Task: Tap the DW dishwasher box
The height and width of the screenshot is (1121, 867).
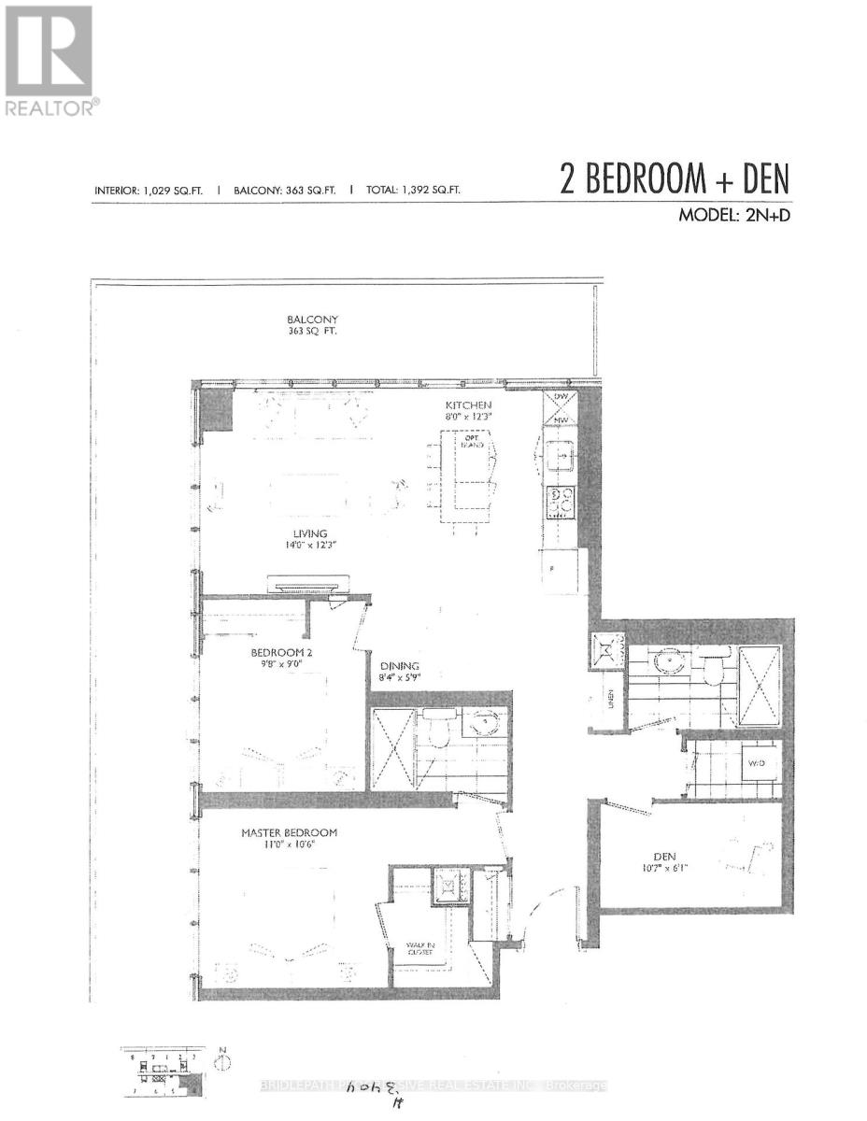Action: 561,397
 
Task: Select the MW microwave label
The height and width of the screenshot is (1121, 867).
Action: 561,420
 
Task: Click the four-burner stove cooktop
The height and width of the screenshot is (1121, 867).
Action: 561,503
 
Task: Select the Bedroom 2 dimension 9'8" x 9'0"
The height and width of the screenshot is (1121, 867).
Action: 275,665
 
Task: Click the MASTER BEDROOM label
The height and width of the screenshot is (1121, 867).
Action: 289,832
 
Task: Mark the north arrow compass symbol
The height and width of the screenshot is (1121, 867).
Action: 221,1062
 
